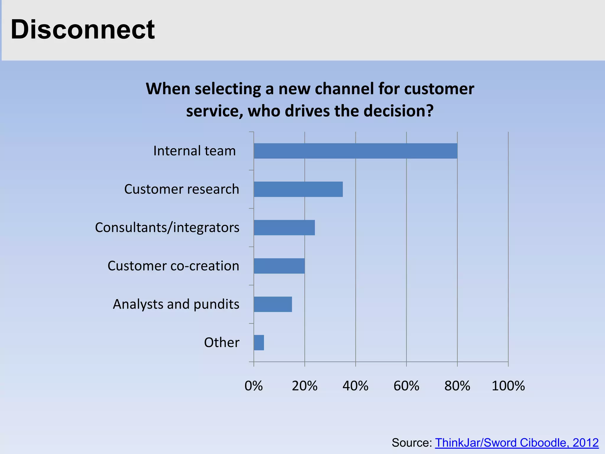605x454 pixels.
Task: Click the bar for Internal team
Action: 355,151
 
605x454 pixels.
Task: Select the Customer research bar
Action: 298,189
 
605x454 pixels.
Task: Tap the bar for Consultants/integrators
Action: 284,228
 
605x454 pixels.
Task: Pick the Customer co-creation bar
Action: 279,266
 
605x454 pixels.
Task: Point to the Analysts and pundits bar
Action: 273,304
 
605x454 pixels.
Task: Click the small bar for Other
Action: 259,343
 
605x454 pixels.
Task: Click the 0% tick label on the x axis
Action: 253,386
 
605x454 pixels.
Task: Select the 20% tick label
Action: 305,386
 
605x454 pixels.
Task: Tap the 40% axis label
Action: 355,386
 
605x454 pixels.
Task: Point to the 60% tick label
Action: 406,386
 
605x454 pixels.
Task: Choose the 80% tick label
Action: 457,386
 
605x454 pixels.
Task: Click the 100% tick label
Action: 508,386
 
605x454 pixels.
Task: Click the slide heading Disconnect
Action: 82,30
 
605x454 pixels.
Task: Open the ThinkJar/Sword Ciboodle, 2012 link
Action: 517,442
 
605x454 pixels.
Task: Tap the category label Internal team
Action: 194,151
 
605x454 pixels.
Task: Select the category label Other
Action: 222,343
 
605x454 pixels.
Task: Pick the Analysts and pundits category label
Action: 176,304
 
